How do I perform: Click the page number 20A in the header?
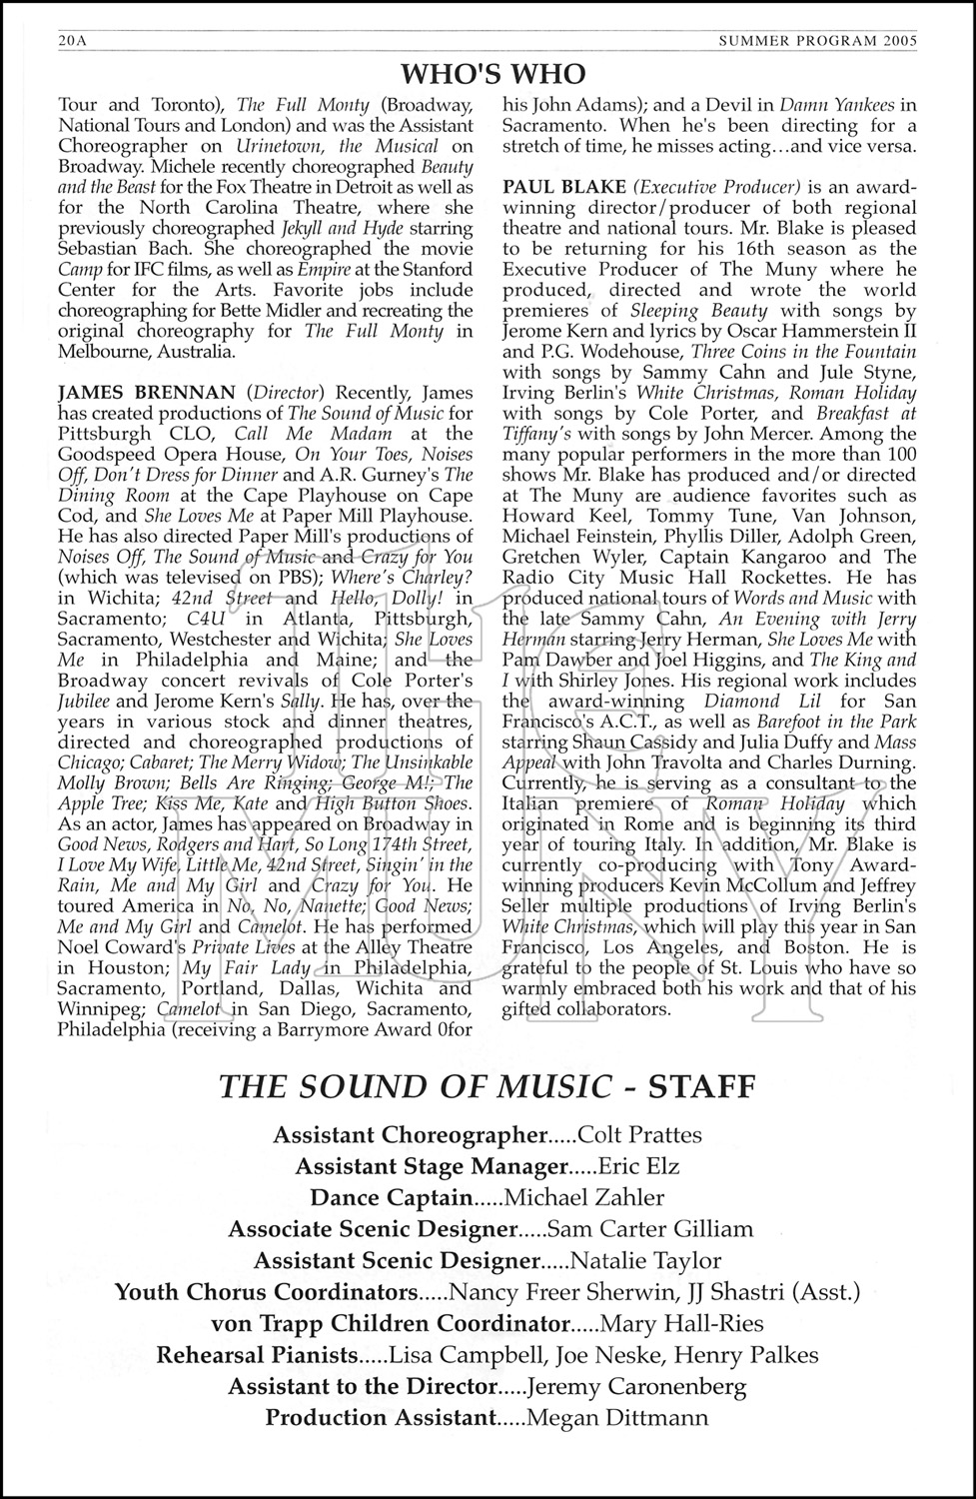[72, 41]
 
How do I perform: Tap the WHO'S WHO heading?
[492, 74]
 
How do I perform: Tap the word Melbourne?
[105, 352]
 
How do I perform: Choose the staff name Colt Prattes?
[640, 1135]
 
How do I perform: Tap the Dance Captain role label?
[392, 1197]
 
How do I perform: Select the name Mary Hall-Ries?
[681, 1324]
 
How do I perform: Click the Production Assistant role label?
[381, 1417]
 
